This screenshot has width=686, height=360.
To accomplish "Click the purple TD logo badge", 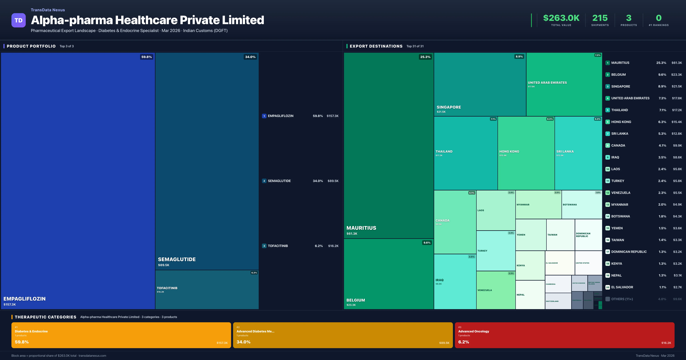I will (x=18, y=20).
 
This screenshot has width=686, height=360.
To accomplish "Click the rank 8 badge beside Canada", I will (x=607, y=145).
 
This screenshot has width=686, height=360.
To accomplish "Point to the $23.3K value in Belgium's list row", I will (x=676, y=75).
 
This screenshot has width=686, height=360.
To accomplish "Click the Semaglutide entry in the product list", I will (x=279, y=181).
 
